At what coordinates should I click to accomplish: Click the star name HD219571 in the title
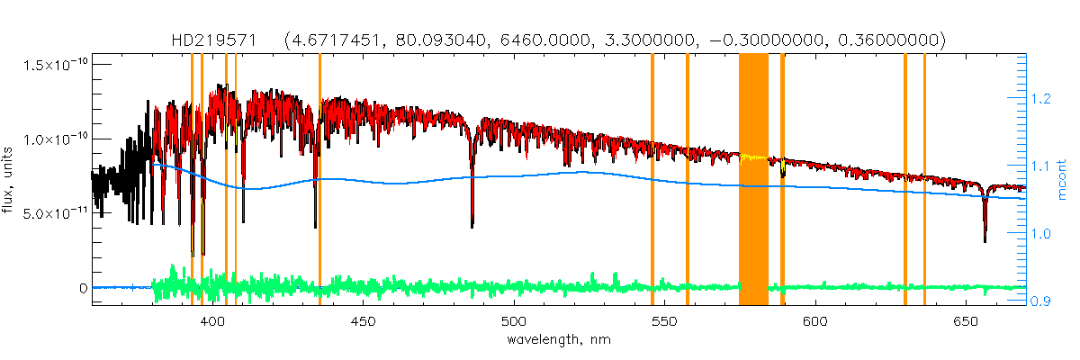coord(214,40)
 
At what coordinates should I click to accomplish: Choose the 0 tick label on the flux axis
coord(82,288)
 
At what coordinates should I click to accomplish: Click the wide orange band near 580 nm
coord(753,180)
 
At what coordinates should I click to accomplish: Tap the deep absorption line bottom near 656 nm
coord(985,240)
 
